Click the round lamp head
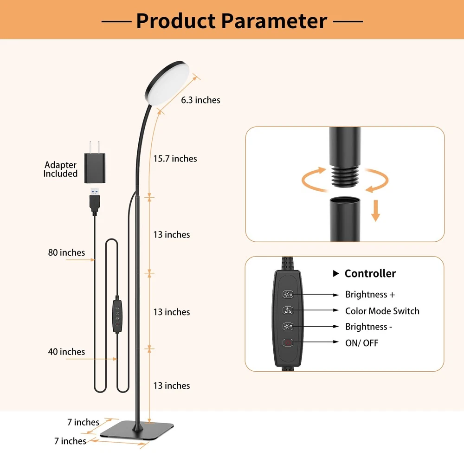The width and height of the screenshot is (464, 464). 167,83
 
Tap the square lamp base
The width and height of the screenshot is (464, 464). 137,431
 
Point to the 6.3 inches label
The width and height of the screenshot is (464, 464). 200,100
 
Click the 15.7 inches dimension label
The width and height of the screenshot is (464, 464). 175,159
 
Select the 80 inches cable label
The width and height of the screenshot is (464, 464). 66,252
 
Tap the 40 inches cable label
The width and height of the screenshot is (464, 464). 66,352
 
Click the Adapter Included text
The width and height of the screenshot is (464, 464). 60,169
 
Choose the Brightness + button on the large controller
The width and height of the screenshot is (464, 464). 288,295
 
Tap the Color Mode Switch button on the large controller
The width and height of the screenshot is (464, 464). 288,310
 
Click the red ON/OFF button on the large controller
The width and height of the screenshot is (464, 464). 288,343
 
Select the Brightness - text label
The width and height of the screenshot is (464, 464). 369,327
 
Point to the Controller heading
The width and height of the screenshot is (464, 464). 370,273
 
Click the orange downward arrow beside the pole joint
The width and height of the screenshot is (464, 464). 375,211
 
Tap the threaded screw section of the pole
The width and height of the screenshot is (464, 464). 345,176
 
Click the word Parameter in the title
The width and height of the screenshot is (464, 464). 274,21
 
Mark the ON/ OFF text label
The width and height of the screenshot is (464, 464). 361,343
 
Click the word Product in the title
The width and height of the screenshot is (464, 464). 176,21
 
